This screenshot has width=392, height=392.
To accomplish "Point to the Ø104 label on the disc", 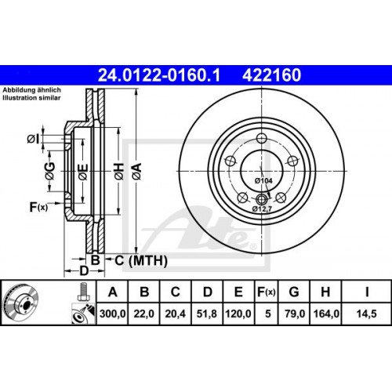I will [x=264, y=181].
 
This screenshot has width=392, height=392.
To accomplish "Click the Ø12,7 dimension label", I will [x=262, y=209].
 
